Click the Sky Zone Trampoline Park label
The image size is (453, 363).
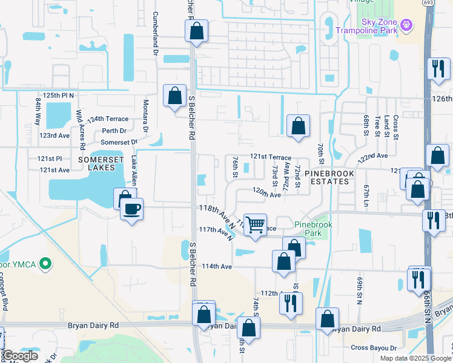click(371, 26)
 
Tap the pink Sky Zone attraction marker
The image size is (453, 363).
click(406, 25)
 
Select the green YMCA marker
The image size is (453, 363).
click(44, 264)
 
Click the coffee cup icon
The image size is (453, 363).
click(131, 209)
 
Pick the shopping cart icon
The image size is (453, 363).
click(256, 224)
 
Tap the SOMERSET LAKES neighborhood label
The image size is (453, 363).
click(101, 163)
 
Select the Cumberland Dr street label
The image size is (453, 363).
click(156, 33)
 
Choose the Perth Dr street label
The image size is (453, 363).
click(114, 131)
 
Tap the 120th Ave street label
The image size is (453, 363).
click(266, 192)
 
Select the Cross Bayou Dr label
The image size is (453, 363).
click(374, 348)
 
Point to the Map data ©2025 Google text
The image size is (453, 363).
click(415, 358)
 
